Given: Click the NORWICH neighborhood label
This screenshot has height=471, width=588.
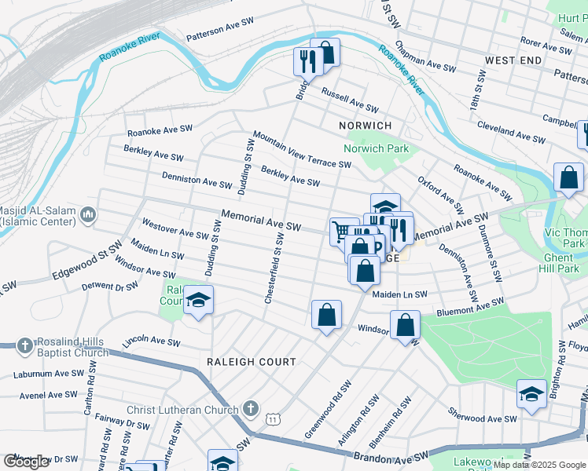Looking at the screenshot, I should (x=365, y=126).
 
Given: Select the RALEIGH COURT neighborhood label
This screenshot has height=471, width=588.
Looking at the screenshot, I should (x=251, y=362).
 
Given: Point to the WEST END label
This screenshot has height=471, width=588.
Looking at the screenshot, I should (x=513, y=60).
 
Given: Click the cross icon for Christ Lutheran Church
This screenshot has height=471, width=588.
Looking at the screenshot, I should (x=250, y=408).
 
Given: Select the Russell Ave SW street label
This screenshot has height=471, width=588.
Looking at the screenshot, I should (x=349, y=99).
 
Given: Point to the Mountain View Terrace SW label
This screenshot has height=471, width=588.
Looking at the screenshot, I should (x=302, y=149).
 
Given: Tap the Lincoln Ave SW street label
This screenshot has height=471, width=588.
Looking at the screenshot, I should (x=153, y=343).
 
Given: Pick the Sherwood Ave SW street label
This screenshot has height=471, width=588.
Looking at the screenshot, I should (x=482, y=416).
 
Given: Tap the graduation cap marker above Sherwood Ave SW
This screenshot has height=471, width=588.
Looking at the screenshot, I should (x=531, y=394).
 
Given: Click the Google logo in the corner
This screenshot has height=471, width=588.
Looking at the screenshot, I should (x=26, y=462).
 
